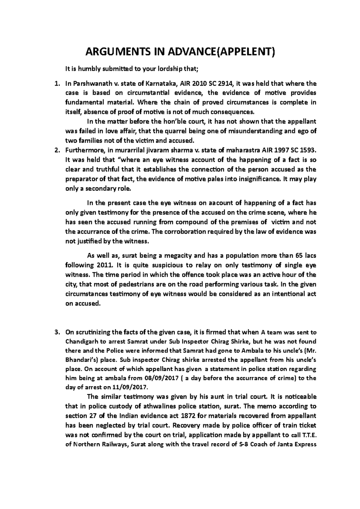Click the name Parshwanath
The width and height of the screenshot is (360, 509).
point(88,83)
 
